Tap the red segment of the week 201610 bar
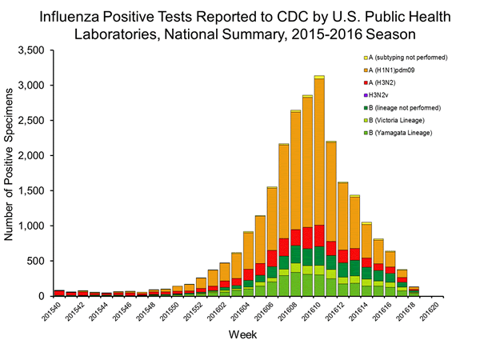319,235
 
